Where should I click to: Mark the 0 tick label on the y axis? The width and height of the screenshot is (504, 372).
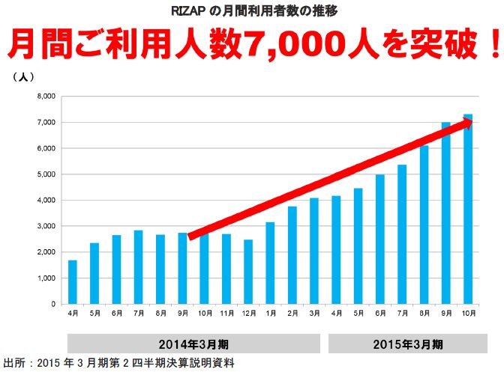(x=53, y=304)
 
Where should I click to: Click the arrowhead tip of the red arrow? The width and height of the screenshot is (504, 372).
(x=472, y=122)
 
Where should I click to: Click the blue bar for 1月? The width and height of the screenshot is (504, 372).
(x=270, y=263)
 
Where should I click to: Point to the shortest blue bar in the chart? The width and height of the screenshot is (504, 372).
(x=72, y=282)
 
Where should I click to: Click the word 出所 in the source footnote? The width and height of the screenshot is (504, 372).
(x=14, y=363)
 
